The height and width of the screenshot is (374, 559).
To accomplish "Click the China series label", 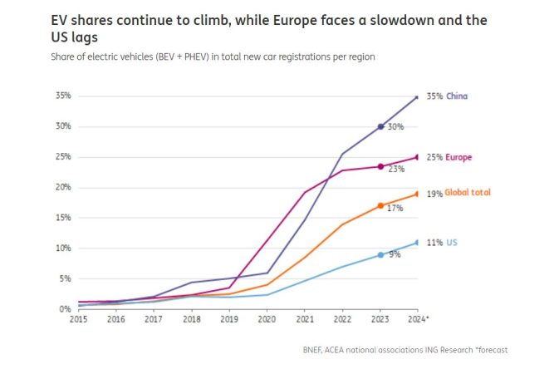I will click(457, 96).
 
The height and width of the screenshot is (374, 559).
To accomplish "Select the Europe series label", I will click(458, 157).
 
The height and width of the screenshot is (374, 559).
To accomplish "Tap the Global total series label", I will click(467, 193).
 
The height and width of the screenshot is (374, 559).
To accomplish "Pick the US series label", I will click(452, 242).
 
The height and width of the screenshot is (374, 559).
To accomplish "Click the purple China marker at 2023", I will click(380, 126).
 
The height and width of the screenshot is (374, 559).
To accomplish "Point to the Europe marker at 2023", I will click(380, 166).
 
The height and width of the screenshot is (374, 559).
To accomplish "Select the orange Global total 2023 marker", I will click(380, 205).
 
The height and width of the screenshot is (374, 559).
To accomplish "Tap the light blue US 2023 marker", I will click(380, 254).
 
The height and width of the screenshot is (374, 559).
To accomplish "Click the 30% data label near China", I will click(395, 127).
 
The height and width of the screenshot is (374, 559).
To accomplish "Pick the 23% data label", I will click(395, 169).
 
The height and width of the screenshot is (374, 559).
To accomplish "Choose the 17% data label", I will click(395, 208).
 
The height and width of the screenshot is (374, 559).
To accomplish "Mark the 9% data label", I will click(395, 254).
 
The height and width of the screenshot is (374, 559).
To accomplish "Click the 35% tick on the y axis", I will click(64, 96).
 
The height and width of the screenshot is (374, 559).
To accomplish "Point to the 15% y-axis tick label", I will click(64, 218).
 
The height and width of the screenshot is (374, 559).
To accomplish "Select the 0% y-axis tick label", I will click(66, 309).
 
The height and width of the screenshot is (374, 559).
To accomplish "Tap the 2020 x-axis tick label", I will click(267, 319).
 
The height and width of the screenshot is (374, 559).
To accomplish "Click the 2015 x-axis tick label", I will click(79, 319).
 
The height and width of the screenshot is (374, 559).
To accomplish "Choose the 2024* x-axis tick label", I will click(419, 319).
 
